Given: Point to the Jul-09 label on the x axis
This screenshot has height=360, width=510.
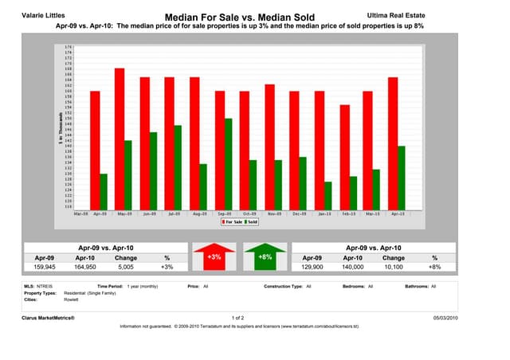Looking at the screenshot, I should point(171,213).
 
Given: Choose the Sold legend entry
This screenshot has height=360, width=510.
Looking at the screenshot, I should point(252,222).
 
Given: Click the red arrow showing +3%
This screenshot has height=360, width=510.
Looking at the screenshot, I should point(214,258).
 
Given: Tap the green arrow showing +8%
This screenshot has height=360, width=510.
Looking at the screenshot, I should point(266,258).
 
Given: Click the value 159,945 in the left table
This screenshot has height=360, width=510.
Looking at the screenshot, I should point(44,268).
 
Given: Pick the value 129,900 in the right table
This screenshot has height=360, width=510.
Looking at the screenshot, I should point(311,268).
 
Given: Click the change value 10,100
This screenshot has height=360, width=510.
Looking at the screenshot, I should point(393,268).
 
